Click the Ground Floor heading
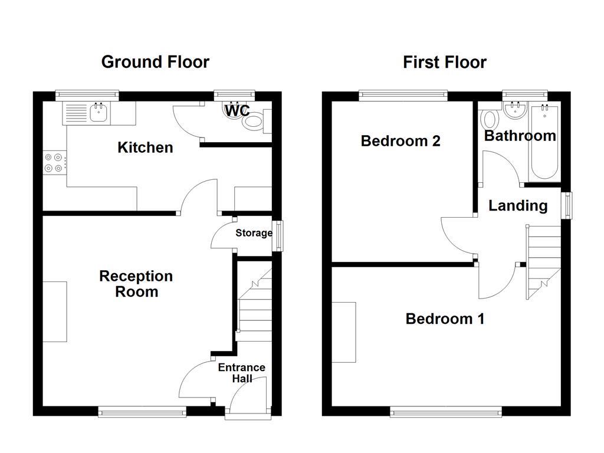[x=155, y=61]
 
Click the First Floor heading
[x=444, y=62]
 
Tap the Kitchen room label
[x=145, y=147]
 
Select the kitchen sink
[x=98, y=113]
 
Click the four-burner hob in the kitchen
[x=54, y=162]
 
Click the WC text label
[x=237, y=110]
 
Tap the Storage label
[x=254, y=233]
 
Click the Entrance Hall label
[x=241, y=373]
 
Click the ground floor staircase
[x=254, y=307]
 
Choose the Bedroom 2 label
[x=401, y=141]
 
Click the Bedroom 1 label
[x=445, y=319]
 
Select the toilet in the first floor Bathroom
[x=489, y=120]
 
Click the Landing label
[x=517, y=206]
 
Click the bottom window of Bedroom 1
[x=445, y=412]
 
